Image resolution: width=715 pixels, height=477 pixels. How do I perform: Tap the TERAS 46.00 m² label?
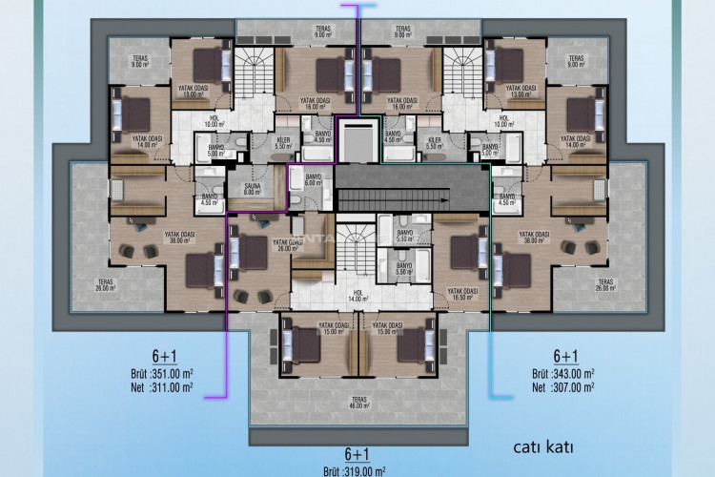tap(358, 404)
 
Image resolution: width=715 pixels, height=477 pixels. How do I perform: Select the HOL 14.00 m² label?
tap(358, 297)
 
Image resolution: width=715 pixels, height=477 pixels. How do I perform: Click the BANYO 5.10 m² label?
tap(404, 235)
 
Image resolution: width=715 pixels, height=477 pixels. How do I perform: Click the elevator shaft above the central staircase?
tap(358, 140)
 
